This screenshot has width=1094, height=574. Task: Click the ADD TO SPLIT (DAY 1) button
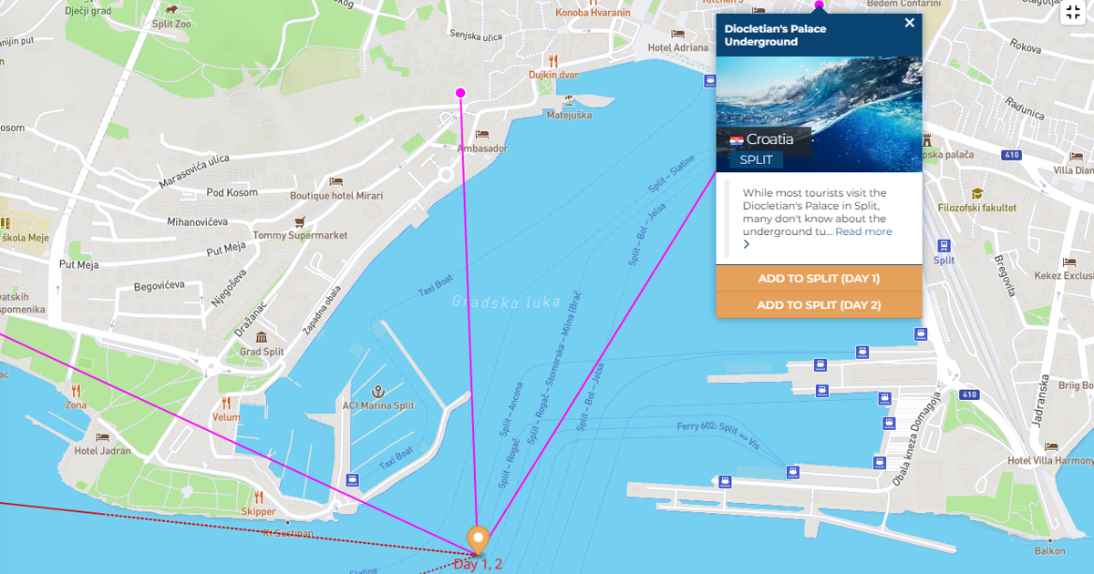tap(819, 279)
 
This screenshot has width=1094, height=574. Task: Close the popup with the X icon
tap(909, 24)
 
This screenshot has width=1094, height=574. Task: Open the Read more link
tap(863, 231)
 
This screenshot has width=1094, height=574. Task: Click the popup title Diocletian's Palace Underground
tap(775, 35)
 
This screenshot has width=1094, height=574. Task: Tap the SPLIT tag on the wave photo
tap(756, 160)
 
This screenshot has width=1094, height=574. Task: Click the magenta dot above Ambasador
tap(460, 93)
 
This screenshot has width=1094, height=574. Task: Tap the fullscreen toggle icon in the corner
tap(1073, 13)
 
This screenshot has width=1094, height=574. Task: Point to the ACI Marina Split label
tap(377, 405)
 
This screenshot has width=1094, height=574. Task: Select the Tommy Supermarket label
tap(300, 235)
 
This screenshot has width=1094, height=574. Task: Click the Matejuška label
tap(569, 116)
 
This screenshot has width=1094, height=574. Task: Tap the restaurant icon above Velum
tap(226, 402)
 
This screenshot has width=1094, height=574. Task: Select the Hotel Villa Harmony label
tap(1050, 460)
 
